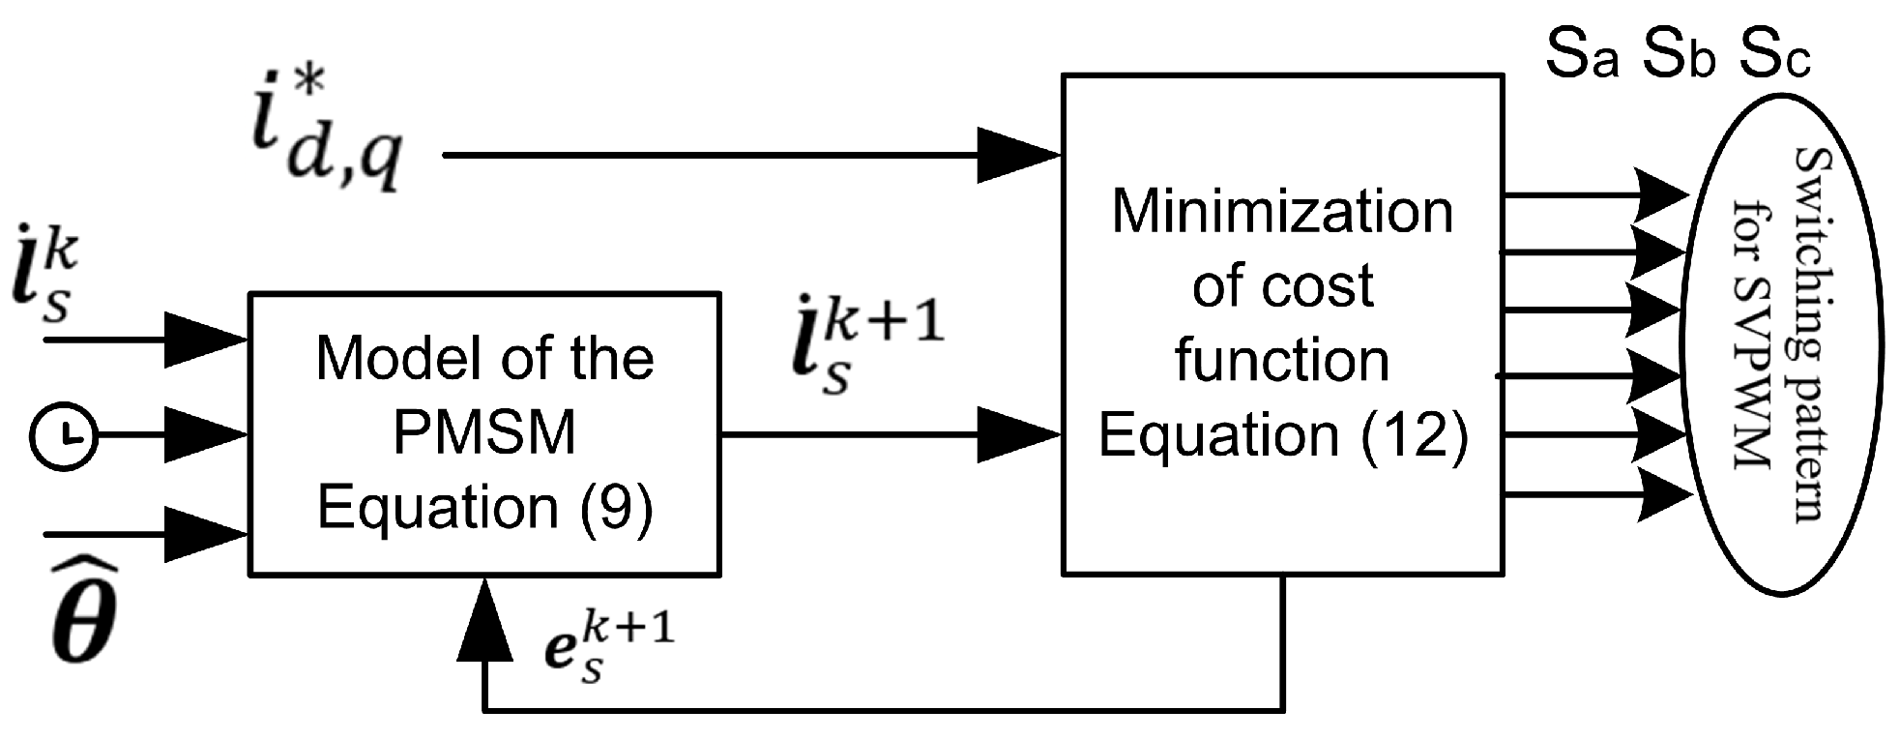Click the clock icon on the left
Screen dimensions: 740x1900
pos(65,436)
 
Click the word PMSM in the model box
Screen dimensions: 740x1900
pos(484,432)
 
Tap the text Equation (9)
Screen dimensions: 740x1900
pos(484,506)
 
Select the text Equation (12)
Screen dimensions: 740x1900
pos(1282,434)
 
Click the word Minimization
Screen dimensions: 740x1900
pos(1282,212)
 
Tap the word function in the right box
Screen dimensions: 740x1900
pos(1282,360)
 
